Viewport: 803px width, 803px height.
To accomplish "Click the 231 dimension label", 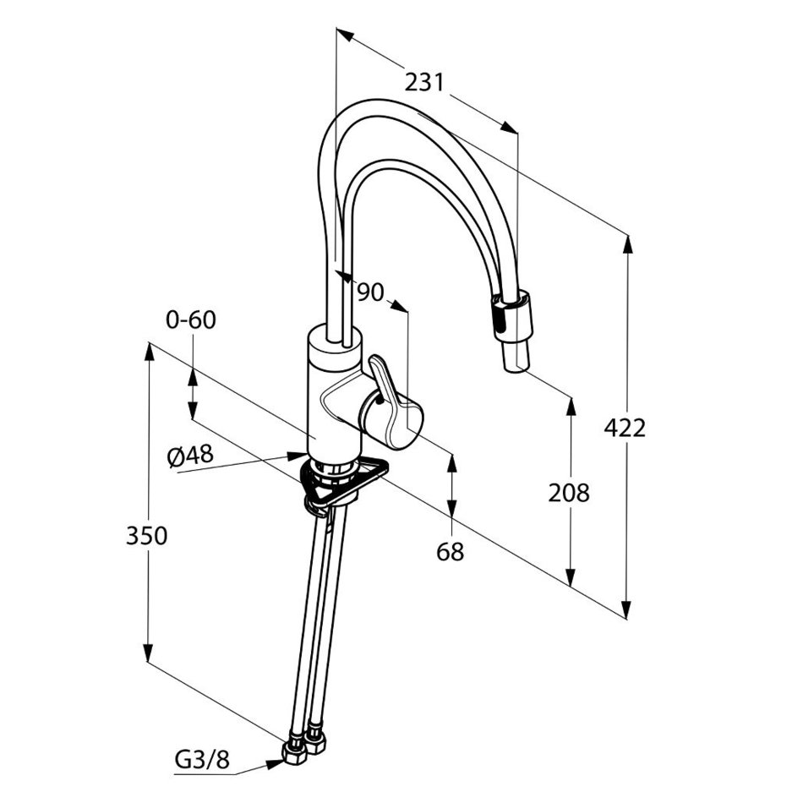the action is [423, 82].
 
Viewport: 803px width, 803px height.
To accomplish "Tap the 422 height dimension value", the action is [625, 428].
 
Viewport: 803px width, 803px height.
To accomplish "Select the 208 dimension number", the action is [569, 493].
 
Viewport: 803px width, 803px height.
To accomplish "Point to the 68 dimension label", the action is [451, 552].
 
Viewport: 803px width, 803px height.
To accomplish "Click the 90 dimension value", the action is [370, 292].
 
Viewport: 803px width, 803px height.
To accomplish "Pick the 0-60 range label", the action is [190, 320].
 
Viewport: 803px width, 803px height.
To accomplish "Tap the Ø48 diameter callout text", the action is [190, 455].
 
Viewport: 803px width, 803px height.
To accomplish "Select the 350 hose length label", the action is [147, 536].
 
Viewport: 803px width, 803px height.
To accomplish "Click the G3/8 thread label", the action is [202, 761].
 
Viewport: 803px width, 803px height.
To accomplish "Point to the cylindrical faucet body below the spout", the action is [335, 391].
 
